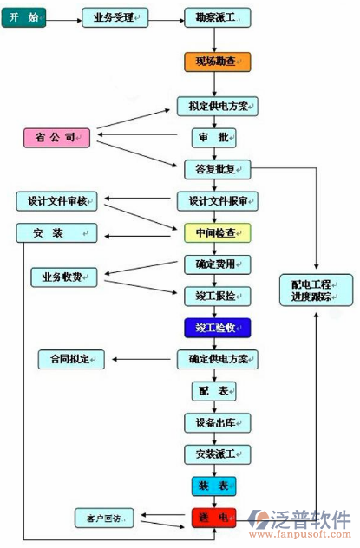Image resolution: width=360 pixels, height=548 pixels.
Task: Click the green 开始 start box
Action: click(x=24, y=17)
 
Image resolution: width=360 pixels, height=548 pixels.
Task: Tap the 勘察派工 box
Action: click(x=217, y=17)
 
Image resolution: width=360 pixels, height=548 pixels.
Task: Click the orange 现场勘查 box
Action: click(x=217, y=62)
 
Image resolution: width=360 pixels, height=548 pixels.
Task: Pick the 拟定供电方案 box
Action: click(x=217, y=107)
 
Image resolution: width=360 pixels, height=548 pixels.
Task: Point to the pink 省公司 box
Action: click(x=56, y=137)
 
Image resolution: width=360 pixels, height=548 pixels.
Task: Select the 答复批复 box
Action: click(x=217, y=167)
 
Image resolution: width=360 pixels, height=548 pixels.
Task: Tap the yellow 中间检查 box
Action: click(x=217, y=232)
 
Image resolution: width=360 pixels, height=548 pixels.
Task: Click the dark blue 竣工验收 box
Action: click(x=217, y=327)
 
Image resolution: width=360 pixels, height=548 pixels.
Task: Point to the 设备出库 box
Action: click(x=217, y=422)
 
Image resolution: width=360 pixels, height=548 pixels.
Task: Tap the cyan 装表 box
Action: click(x=213, y=485)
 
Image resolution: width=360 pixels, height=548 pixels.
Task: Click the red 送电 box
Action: click(x=213, y=518)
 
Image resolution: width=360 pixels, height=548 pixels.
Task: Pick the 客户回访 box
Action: click(x=103, y=519)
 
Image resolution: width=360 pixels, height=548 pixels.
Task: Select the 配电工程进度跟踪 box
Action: click(x=316, y=289)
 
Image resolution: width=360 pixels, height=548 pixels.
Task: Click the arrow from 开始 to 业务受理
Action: click(x=64, y=17)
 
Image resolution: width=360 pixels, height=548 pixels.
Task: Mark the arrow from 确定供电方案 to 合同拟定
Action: click(x=140, y=358)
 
